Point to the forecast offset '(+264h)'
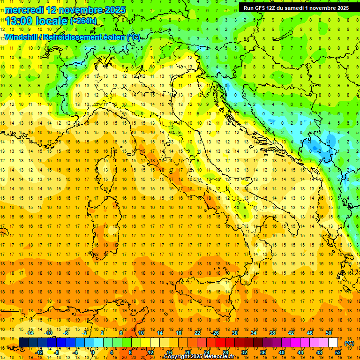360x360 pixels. [x=83, y=21]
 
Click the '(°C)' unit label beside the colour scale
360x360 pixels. [x=349, y=343]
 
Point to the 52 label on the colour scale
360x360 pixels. [x=338, y=352]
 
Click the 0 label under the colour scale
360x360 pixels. [x=93, y=352]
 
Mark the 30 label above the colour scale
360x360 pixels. [x=234, y=333]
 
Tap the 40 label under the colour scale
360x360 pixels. [x=281, y=352]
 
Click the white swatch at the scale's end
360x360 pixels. [x=333, y=343]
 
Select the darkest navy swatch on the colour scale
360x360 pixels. [x=23, y=343]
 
